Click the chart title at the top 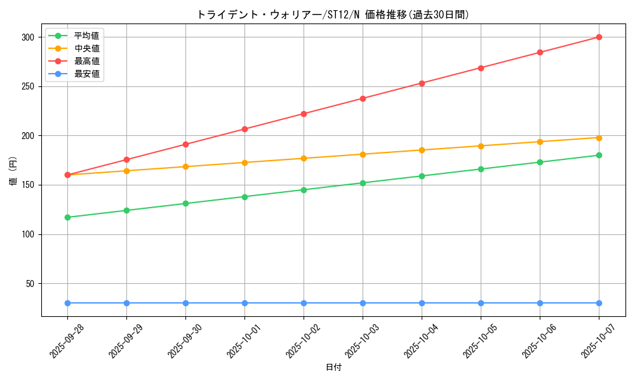coord(333,15)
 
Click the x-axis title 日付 coord(333,368)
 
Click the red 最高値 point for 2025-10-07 coord(599,37)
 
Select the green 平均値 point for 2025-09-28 coord(67,217)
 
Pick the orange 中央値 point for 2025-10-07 coord(599,138)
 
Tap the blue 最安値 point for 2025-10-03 coord(363,303)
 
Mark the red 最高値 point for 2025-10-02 coord(304,114)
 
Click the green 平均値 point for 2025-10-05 coord(481,169)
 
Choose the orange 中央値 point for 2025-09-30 coord(185,166)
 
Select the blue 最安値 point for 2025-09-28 coord(67,303)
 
